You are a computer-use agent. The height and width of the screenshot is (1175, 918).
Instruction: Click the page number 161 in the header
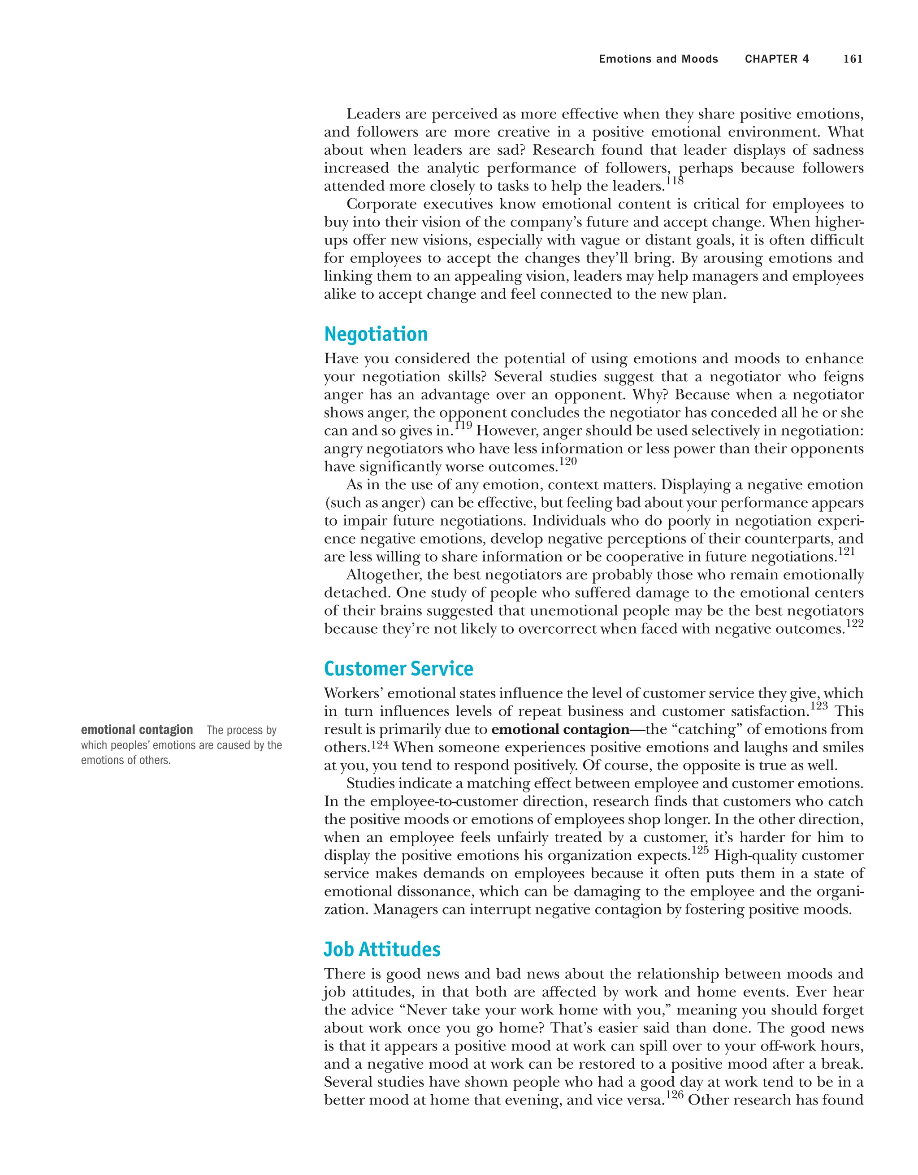tap(853, 59)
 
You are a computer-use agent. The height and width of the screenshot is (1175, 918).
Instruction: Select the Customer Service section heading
tap(398, 669)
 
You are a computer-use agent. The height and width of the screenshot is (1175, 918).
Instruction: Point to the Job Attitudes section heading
tap(382, 949)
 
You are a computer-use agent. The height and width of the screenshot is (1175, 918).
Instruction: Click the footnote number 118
tap(675, 181)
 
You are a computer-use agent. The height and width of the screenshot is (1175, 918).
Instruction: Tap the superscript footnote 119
tap(463, 426)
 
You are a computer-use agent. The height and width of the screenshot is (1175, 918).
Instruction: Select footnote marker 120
tap(568, 461)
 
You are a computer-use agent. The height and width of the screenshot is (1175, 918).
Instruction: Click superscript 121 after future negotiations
tap(846, 552)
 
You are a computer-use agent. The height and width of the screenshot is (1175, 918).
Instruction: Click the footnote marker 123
tap(818, 706)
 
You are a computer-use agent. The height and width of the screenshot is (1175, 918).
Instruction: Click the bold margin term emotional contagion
tap(137, 730)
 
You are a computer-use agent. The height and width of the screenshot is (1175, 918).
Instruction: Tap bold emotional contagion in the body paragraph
tap(560, 730)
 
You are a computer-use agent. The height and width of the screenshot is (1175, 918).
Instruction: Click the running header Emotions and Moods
tap(658, 59)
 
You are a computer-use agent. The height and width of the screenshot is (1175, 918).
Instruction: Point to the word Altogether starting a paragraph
tap(385, 575)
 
